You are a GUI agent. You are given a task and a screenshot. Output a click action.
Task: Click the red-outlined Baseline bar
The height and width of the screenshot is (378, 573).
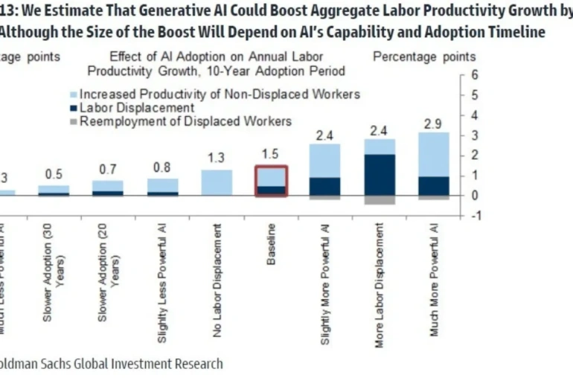pyautogui.click(x=272, y=181)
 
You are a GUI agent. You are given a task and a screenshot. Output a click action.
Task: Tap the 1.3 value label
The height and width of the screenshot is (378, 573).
pyautogui.click(x=217, y=158)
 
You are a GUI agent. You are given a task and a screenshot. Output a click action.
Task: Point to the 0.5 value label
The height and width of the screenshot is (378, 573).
pyautogui.click(x=53, y=174)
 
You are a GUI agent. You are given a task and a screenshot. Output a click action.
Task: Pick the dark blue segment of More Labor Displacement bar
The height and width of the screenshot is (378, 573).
pyautogui.click(x=380, y=174)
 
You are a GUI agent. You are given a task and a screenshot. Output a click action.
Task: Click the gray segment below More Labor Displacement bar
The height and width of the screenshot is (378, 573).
pyautogui.click(x=380, y=199)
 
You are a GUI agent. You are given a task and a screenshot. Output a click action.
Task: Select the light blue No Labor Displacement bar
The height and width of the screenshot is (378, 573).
pyautogui.click(x=217, y=182)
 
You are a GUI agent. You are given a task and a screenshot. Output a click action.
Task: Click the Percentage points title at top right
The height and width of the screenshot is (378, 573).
pyautogui.click(x=423, y=57)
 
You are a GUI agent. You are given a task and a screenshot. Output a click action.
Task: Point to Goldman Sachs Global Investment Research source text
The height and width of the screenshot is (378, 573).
pyautogui.click(x=112, y=364)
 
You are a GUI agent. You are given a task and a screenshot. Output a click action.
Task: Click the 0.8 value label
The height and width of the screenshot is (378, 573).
pyautogui.click(x=162, y=167)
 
